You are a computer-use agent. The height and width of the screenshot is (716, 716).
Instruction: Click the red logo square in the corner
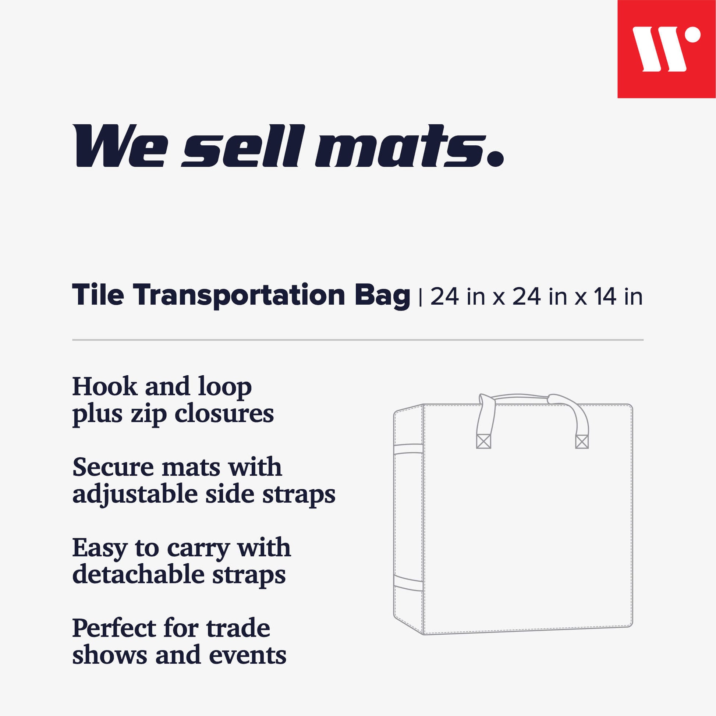(666, 49)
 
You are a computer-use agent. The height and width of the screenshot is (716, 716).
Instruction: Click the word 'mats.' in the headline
(409, 146)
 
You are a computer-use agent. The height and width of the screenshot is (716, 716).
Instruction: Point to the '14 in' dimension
(618, 297)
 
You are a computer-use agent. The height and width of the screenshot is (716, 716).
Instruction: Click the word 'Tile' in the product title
(98, 294)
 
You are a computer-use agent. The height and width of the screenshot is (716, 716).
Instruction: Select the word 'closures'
(224, 413)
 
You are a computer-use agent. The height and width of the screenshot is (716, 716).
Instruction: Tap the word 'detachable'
(138, 574)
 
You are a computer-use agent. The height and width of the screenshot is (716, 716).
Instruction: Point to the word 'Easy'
(99, 549)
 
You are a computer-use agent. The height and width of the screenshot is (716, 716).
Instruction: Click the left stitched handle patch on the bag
(483, 442)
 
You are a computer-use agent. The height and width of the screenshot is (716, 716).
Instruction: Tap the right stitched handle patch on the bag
(582, 442)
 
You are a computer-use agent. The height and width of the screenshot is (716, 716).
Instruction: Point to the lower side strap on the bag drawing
(408, 583)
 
